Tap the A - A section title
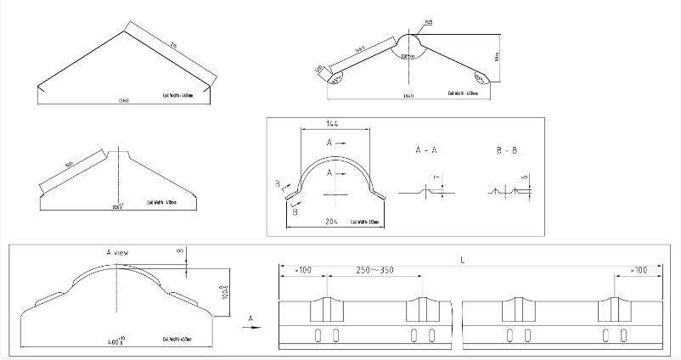pyautogui.click(x=426, y=149)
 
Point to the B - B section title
pyautogui.click(x=507, y=149)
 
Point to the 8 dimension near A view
pyautogui.click(x=180, y=250)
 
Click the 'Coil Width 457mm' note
pyautogui.click(x=180, y=338)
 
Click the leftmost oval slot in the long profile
pyautogui.click(x=319, y=335)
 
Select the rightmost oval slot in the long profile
pyautogui.click(x=627, y=335)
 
